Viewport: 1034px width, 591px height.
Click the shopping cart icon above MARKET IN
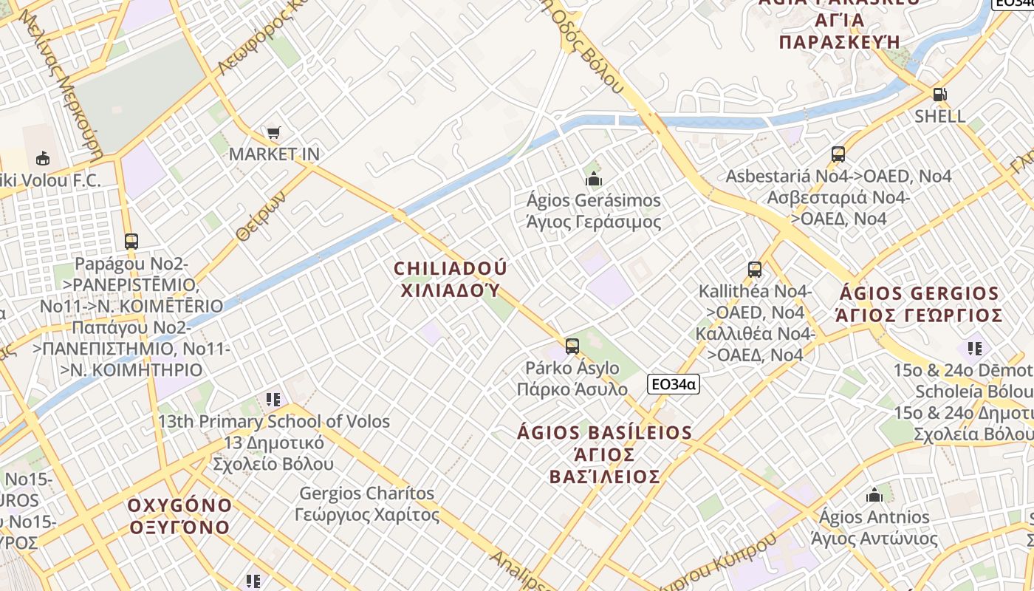pyautogui.click(x=274, y=133)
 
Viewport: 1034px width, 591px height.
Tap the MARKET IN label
pyautogui.click(x=274, y=154)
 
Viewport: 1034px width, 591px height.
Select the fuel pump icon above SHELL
pyautogui.click(x=939, y=95)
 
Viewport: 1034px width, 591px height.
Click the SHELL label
pyautogui.click(x=939, y=116)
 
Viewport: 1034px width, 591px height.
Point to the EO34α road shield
pyautogui.click(x=674, y=384)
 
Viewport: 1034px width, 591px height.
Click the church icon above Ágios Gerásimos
pyautogui.click(x=593, y=179)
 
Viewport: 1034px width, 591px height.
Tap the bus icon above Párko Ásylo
pyautogui.click(x=572, y=346)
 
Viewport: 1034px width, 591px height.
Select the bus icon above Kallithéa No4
pyautogui.click(x=754, y=270)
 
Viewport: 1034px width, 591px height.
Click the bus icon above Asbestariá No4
pyautogui.click(x=838, y=154)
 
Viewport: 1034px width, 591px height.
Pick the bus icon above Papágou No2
pyautogui.click(x=131, y=242)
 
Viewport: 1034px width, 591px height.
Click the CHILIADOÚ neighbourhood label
pyautogui.click(x=451, y=268)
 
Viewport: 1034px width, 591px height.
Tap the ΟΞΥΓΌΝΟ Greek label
pyautogui.click(x=179, y=527)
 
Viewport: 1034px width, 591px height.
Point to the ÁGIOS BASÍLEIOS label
pyautogui.click(x=605, y=433)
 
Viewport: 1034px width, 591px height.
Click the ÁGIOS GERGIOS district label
pyautogui.click(x=918, y=293)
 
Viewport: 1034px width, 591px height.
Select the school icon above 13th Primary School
pyautogui.click(x=273, y=400)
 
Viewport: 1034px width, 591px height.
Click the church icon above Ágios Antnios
pyautogui.click(x=874, y=495)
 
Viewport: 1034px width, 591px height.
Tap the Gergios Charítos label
pyautogui.click(x=367, y=493)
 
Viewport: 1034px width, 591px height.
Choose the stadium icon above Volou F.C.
pyautogui.click(x=43, y=158)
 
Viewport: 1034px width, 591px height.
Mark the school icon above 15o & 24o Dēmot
pyautogui.click(x=975, y=348)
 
